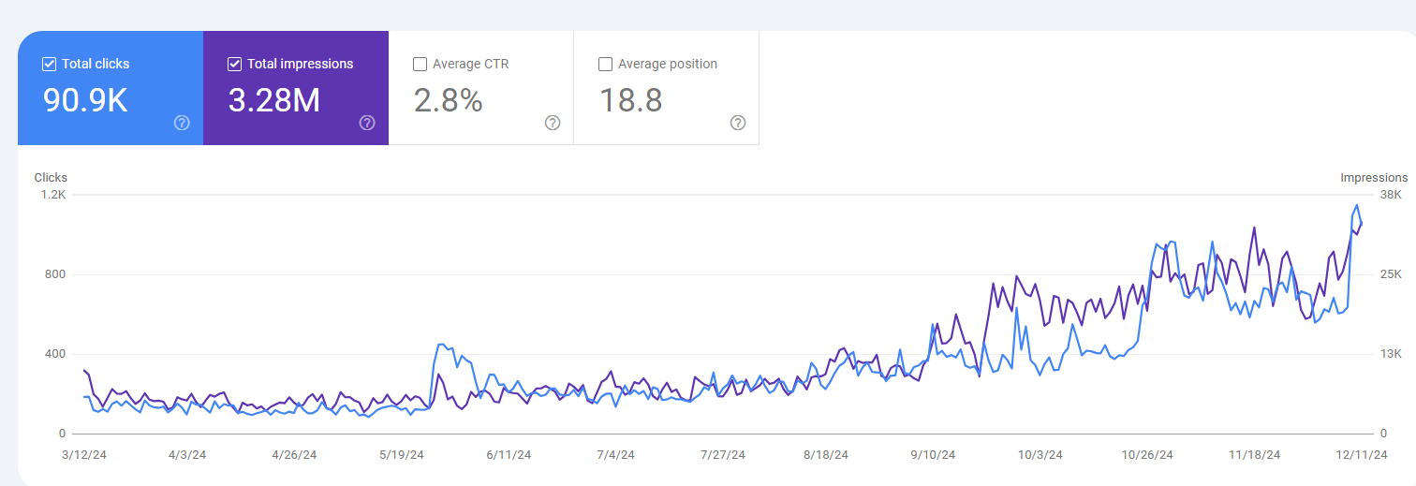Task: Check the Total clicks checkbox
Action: pyautogui.click(x=49, y=64)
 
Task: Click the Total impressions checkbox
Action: pyautogui.click(x=234, y=64)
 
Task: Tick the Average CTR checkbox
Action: pyautogui.click(x=420, y=64)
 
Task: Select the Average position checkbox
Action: pyautogui.click(x=605, y=64)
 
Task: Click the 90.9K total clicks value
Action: pyautogui.click(x=85, y=100)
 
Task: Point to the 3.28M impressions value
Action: pyautogui.click(x=274, y=100)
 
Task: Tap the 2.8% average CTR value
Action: pyautogui.click(x=449, y=100)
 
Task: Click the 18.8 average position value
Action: pyautogui.click(x=631, y=100)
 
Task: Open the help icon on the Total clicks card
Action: pyautogui.click(x=182, y=123)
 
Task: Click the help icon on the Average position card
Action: pyautogui.click(x=738, y=123)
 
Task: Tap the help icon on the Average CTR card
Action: pyautogui.click(x=553, y=123)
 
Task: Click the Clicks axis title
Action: pyautogui.click(x=51, y=178)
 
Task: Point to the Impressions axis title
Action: pyautogui.click(x=1374, y=178)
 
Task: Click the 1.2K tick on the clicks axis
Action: pyautogui.click(x=53, y=195)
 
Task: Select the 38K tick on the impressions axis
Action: pyautogui.click(x=1391, y=195)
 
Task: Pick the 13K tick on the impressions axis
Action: pyautogui.click(x=1391, y=354)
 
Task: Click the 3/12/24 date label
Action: pyautogui.click(x=84, y=455)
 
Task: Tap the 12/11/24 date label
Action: pyautogui.click(x=1362, y=455)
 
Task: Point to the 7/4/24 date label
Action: pyautogui.click(x=615, y=455)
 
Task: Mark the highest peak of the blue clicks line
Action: pyautogui.click(x=1357, y=205)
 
